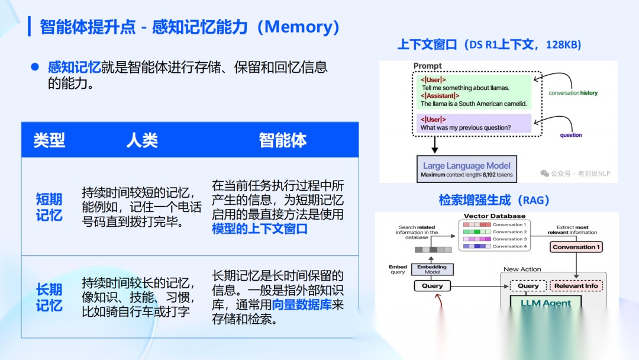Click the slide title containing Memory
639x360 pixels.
[189, 27]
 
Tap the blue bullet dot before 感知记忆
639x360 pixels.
[35, 67]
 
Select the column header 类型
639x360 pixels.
[49, 140]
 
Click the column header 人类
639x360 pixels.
[142, 140]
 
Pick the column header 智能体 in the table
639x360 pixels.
[283, 140]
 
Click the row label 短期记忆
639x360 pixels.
[49, 207]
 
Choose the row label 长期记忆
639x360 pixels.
[49, 297]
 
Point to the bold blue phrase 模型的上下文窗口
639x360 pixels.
[260, 229]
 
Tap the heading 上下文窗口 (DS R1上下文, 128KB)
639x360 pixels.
[489, 45]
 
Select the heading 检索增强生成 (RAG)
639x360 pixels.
[494, 200]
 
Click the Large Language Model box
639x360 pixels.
[467, 169]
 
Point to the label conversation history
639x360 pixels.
[573, 93]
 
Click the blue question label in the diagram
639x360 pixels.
[570, 135]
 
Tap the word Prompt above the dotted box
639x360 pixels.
[427, 66]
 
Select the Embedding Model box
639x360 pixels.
[432, 269]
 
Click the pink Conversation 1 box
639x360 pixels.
[576, 247]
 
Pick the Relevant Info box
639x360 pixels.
[576, 286]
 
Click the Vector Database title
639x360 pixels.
[494, 216]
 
